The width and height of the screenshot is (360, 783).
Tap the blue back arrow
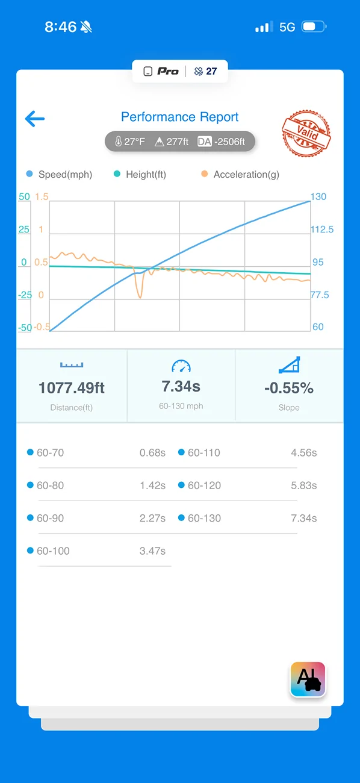tap(35, 119)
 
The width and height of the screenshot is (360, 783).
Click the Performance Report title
tap(179, 117)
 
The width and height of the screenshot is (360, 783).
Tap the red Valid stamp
tap(306, 133)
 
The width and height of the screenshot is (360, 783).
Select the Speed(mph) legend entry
tap(60, 174)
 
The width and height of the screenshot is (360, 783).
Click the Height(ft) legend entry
tap(140, 174)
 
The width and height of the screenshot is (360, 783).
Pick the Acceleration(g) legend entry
tap(240, 174)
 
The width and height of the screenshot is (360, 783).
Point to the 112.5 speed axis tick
tap(322, 229)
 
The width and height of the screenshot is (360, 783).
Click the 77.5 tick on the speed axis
tap(320, 295)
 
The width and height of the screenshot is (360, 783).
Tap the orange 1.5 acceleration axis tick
tap(42, 196)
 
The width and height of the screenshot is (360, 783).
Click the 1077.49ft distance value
tap(71, 388)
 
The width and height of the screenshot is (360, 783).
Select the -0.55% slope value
tap(289, 388)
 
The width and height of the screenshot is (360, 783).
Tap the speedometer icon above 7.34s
tap(181, 366)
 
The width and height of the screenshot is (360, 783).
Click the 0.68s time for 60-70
tap(152, 453)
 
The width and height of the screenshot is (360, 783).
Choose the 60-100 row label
tap(53, 551)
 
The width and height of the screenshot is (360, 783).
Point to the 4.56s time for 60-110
tap(304, 453)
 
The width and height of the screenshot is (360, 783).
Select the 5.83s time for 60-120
tap(304, 485)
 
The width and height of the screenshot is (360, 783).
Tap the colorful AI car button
tap(308, 679)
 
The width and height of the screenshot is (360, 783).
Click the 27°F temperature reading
tap(130, 142)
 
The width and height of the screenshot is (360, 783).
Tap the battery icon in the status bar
tap(314, 27)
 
